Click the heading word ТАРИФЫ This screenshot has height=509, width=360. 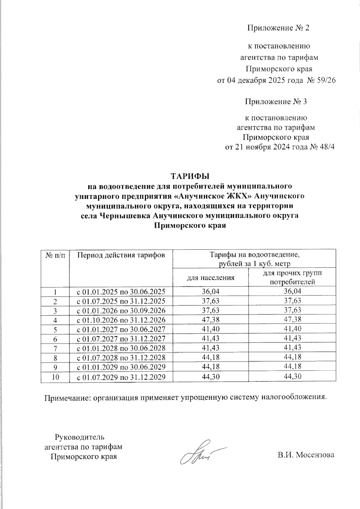[x=189, y=175]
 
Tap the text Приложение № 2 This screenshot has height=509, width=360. [x=278, y=28]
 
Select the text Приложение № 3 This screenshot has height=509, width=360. [x=276, y=102]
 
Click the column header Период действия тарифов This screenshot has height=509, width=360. [x=121, y=255]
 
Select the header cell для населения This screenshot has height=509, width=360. [x=211, y=278]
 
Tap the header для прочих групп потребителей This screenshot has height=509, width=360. [x=292, y=277]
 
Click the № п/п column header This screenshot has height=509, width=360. [x=55, y=255]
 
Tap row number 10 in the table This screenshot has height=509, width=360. [x=55, y=377]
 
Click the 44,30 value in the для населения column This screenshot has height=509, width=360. [x=211, y=377]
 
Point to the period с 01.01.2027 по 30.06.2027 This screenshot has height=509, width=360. [x=121, y=329]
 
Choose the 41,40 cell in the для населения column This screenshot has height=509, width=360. [x=211, y=329]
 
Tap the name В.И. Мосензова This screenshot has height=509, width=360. [x=306, y=455]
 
